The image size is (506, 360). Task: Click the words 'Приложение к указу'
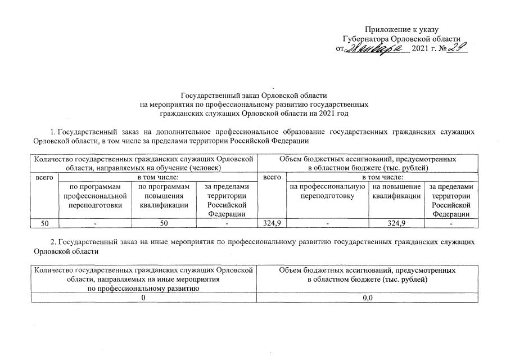(401, 29)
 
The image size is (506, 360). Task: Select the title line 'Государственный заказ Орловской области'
(254, 96)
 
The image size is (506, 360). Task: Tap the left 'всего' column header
(43, 177)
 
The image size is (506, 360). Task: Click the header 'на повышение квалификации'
(396, 191)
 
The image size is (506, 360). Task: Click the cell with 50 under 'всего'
(43, 224)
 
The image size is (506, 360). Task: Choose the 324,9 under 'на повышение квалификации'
(396, 224)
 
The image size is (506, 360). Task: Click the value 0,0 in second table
(368, 298)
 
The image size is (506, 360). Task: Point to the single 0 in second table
(144, 298)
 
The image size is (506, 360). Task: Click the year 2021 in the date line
(422, 49)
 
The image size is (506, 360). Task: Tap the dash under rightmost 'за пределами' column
(451, 224)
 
